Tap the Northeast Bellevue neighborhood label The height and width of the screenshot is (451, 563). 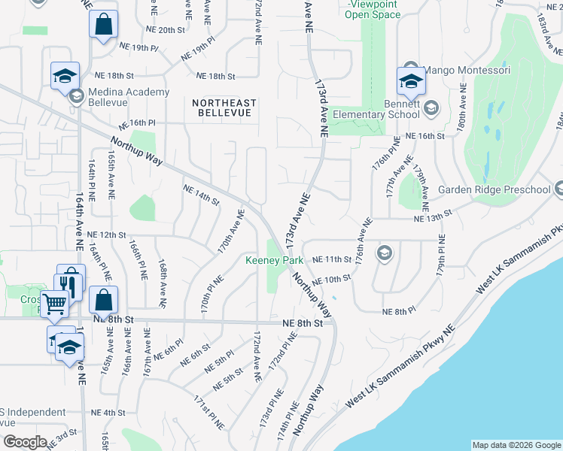(224, 107)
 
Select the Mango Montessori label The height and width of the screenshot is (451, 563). (467, 70)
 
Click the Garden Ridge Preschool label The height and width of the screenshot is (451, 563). (494, 189)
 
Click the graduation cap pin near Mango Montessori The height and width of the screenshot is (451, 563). (412, 80)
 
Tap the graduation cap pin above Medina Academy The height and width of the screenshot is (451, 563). (65, 75)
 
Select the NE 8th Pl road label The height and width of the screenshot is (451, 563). (399, 311)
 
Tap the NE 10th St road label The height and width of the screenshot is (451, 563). (332, 280)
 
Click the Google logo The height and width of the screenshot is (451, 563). (24, 442)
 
